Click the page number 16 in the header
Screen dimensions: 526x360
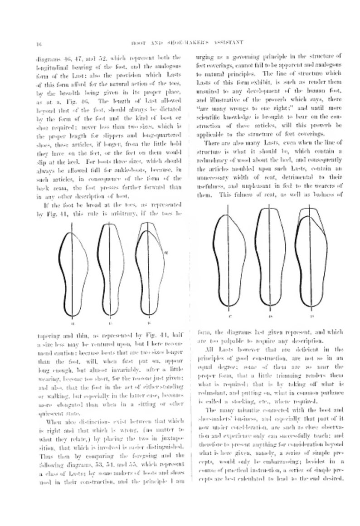pos(39,44)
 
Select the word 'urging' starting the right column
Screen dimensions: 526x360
pos(202,57)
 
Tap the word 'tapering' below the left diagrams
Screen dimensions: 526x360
pos(46,336)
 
